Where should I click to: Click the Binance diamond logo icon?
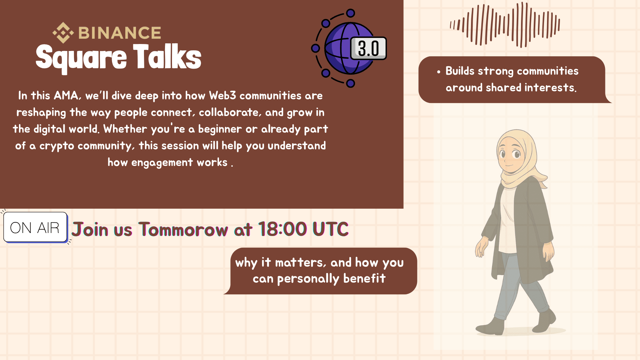pos(63,33)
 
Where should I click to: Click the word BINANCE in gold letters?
pos(120,33)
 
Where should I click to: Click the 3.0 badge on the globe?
pos(368,48)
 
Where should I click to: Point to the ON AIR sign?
pos(35,227)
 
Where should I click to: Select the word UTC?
pos(330,229)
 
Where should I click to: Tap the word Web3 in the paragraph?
pos(222,96)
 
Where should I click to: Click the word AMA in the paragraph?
pos(67,96)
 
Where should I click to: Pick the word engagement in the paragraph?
pos(162,163)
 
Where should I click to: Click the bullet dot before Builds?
pos(439,72)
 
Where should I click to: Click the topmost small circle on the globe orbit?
pos(350,13)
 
